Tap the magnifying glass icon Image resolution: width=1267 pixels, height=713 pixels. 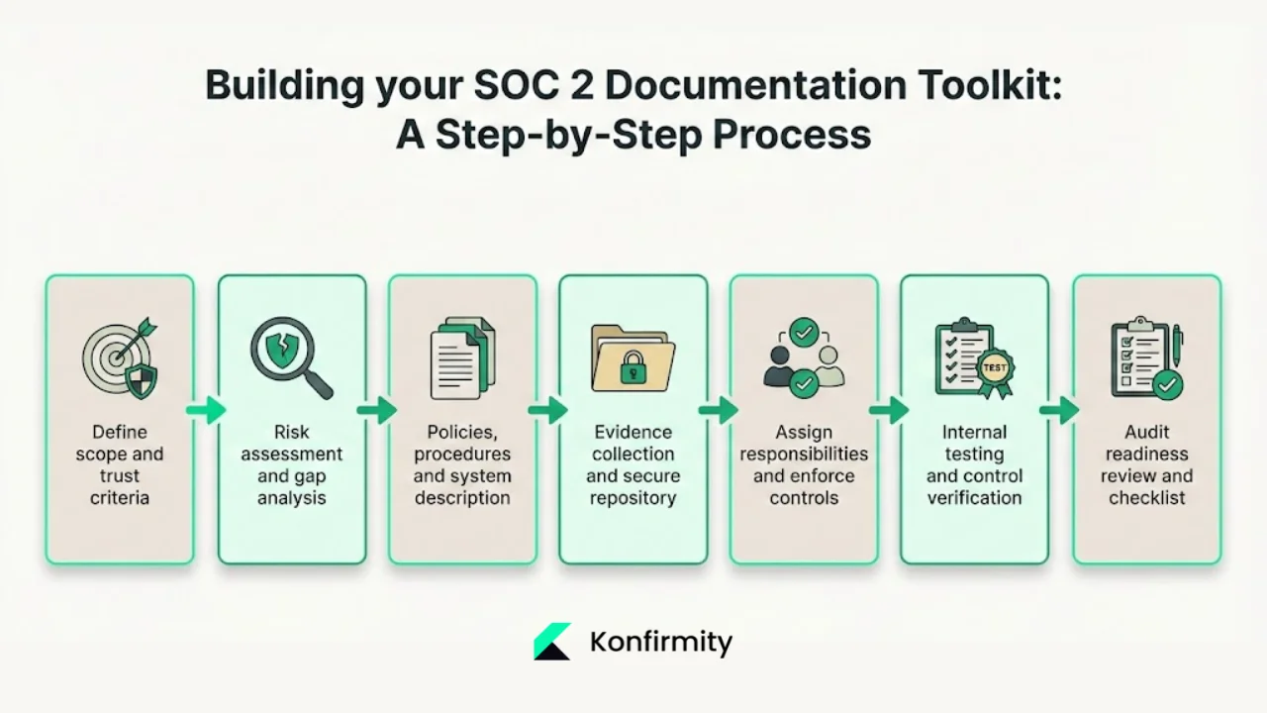[x=289, y=356]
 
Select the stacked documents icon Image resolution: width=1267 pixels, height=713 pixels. [x=462, y=357]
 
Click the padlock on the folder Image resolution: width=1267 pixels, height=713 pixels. [x=632, y=370]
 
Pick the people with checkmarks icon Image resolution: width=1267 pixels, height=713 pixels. [x=804, y=357]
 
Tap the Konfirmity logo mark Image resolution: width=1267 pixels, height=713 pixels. [x=551, y=642]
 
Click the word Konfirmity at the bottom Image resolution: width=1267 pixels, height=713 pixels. [x=660, y=642]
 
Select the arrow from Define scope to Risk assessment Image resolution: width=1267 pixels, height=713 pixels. [x=206, y=409]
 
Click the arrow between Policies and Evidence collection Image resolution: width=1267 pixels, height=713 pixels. [x=547, y=409]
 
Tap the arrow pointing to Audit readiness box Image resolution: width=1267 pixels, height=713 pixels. [x=1059, y=409]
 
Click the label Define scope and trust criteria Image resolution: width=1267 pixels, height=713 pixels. [x=120, y=464]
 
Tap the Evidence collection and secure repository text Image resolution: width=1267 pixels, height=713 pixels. [x=633, y=464]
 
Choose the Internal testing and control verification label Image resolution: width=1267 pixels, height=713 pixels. [x=974, y=464]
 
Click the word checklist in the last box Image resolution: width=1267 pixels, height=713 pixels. [x=1146, y=498]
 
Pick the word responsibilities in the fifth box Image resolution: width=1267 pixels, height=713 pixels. [x=804, y=454]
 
